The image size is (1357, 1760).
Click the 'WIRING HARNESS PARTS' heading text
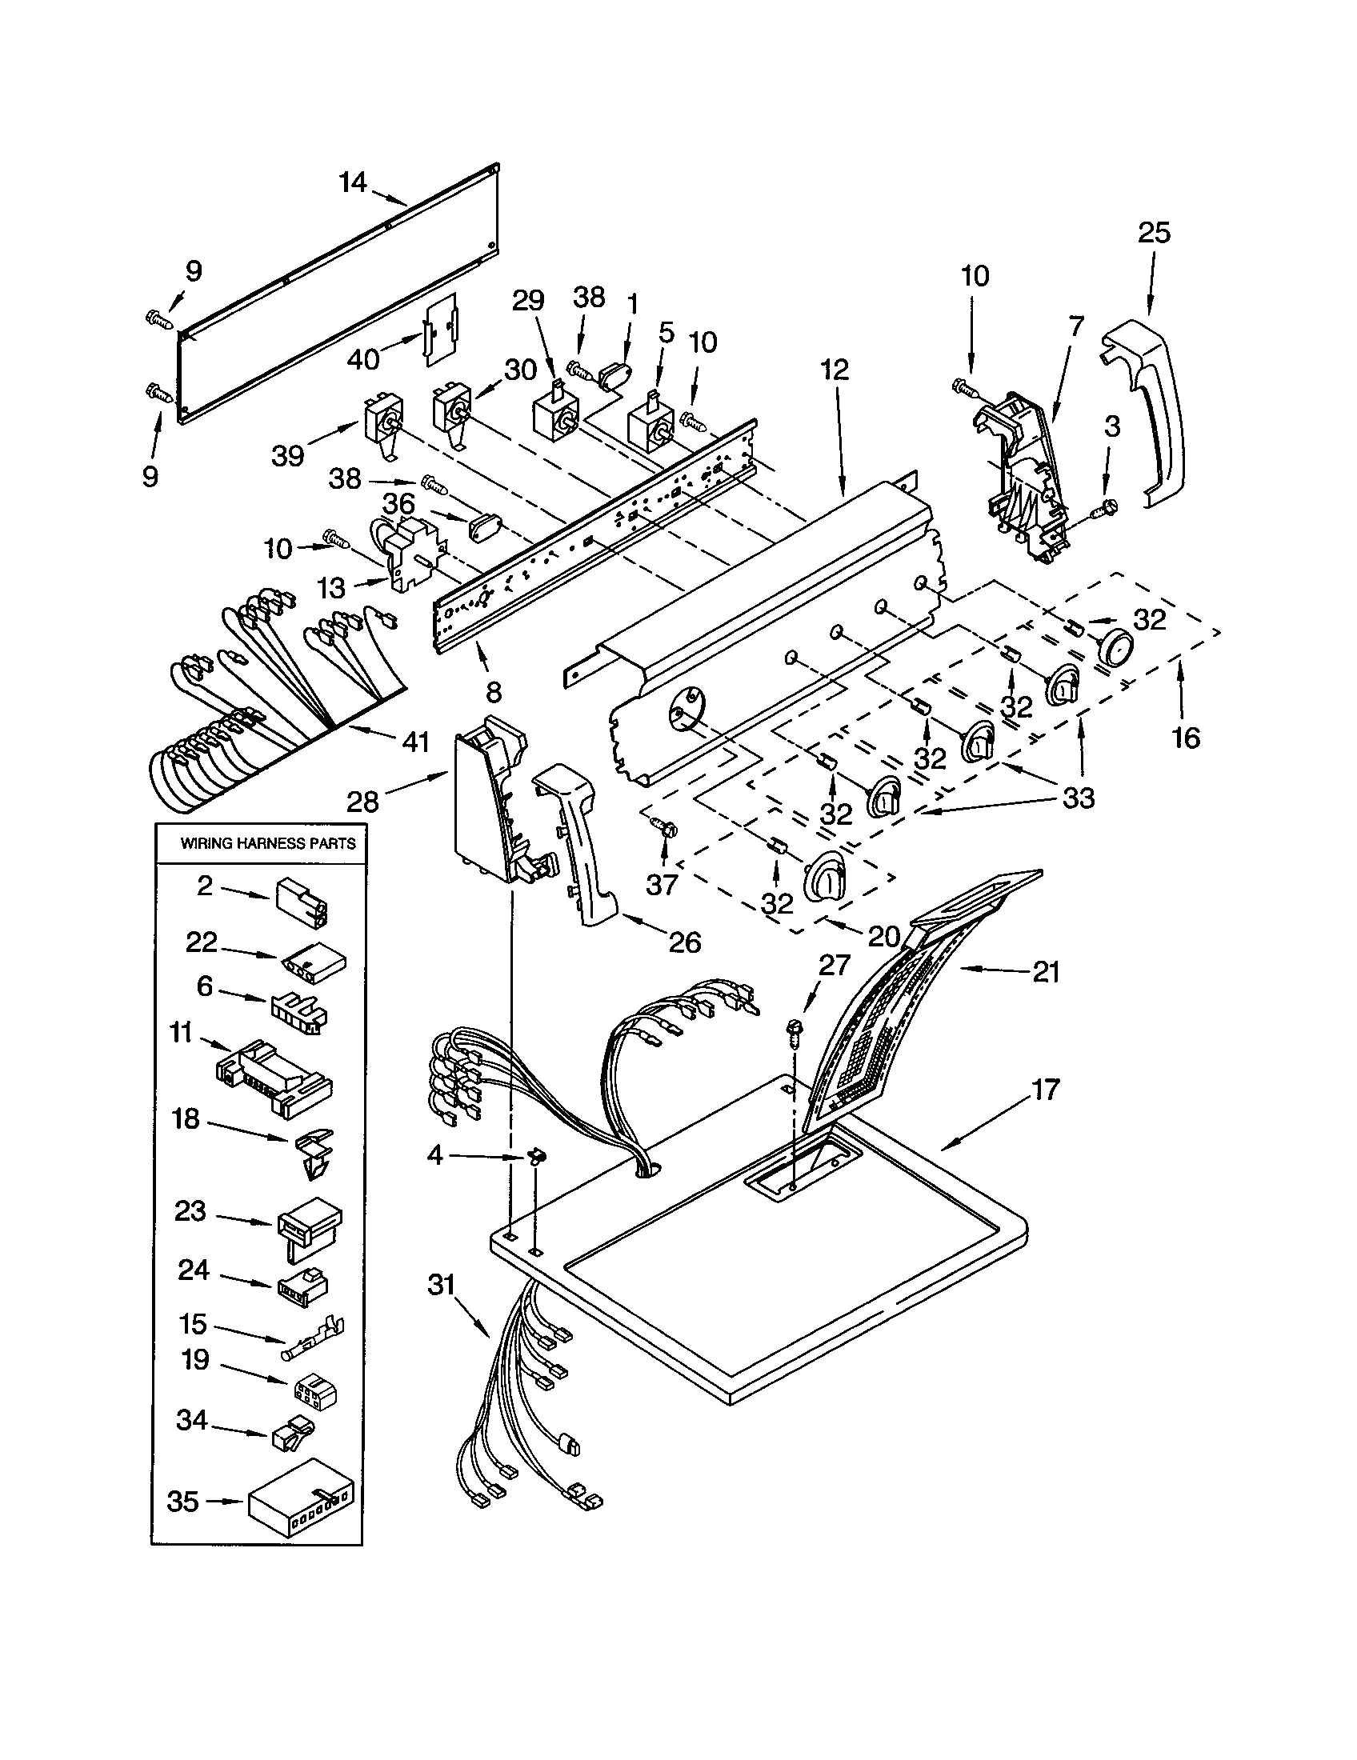pyautogui.click(x=267, y=844)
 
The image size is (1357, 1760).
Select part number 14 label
pyautogui.click(x=353, y=183)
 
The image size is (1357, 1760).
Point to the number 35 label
pyautogui.click(x=183, y=1502)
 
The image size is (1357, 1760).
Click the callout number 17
pyautogui.click(x=1045, y=1090)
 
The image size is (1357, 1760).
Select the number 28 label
pyautogui.click(x=362, y=801)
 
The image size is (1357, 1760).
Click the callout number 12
pyautogui.click(x=835, y=370)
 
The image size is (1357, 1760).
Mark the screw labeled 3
pyautogui.click(x=1105, y=508)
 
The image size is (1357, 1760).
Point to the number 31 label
pyautogui.click(x=442, y=1285)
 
